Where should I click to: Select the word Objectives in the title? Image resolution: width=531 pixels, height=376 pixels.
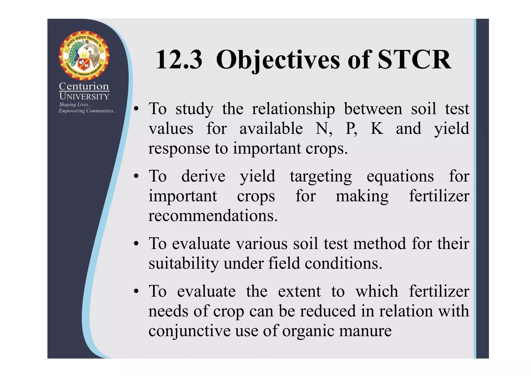coord(278,60)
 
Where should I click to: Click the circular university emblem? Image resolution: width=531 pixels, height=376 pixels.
coord(84,55)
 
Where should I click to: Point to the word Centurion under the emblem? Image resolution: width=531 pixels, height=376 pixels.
coord(84,86)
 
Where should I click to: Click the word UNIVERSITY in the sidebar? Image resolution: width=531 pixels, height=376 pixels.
coord(84,96)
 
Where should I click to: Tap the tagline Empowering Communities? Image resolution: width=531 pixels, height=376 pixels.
coord(87,111)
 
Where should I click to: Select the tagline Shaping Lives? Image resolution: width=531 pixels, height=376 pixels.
coord(75,105)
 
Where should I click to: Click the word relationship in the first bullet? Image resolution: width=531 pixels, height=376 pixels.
coord(294,109)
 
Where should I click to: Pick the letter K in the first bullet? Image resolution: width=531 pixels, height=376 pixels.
coord(377,128)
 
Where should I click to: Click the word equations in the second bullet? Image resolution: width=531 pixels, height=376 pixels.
coord(400,177)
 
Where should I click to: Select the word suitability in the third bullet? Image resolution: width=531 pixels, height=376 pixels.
coord(184,264)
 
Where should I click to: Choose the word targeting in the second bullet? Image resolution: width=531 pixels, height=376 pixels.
coord(321,177)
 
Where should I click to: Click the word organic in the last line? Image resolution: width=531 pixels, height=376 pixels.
coord(308,331)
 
